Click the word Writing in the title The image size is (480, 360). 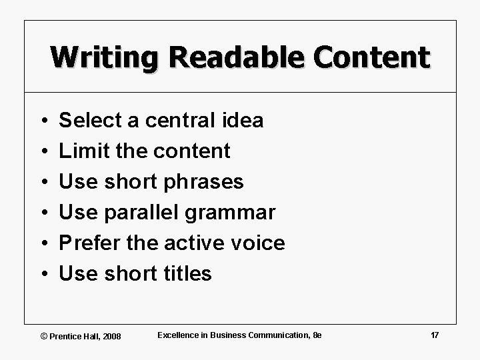pyautogui.click(x=104, y=57)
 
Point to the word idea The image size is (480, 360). pyautogui.click(x=243, y=120)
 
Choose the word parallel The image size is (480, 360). pyautogui.click(x=142, y=213)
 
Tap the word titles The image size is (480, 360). pyautogui.click(x=187, y=273)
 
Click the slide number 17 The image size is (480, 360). pyautogui.click(x=435, y=335)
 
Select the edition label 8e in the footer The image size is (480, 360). pyautogui.click(x=317, y=335)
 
